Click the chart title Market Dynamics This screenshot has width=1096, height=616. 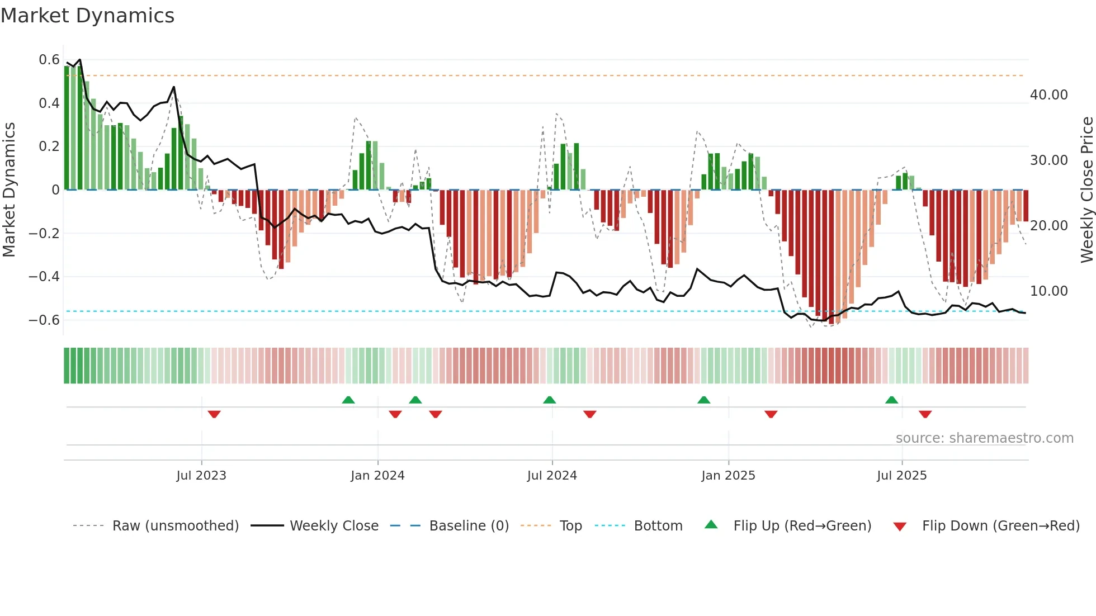tap(87, 16)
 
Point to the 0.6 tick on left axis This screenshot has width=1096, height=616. tap(49, 60)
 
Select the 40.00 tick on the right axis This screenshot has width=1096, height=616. tap(1048, 95)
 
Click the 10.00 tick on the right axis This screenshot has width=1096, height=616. tap(1048, 291)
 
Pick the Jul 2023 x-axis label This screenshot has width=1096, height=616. tap(201, 476)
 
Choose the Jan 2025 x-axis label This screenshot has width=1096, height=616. tap(728, 476)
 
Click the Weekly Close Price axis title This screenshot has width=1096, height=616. tap(1086, 190)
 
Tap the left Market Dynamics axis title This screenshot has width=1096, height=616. tap(9, 190)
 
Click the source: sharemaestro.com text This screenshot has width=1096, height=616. tap(984, 438)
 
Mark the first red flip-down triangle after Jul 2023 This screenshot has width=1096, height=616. tap(214, 414)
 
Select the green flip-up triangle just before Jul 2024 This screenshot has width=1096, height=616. tap(549, 400)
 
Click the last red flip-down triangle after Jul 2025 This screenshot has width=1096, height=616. tap(925, 414)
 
